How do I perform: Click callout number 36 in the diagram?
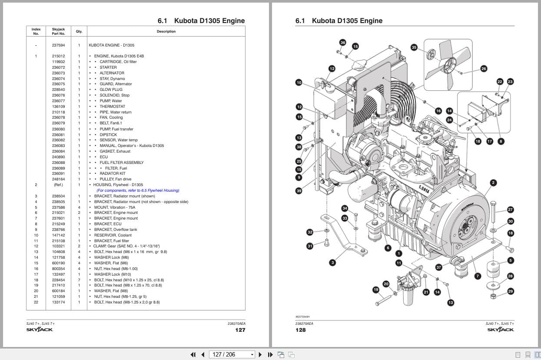click(343, 43)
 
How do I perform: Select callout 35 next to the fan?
click(414, 47)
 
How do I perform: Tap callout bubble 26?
click(484, 69)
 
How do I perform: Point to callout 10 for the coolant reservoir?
click(299, 82)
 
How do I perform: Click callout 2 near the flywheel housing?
click(493, 183)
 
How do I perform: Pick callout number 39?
click(299, 191)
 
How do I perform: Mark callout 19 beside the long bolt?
click(376, 290)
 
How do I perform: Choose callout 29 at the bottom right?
click(511, 291)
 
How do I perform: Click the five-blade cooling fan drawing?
click(447, 64)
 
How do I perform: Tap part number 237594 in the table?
click(58, 45)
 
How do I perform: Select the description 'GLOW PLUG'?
click(111, 90)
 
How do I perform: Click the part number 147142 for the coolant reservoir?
click(58, 235)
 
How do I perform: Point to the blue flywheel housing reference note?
click(138, 190)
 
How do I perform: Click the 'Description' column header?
click(166, 31)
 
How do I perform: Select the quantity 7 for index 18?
click(79, 280)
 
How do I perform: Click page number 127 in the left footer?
click(240, 330)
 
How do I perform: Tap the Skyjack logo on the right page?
click(500, 330)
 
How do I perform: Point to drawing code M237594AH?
click(302, 317)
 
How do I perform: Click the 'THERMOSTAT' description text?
click(112, 107)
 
